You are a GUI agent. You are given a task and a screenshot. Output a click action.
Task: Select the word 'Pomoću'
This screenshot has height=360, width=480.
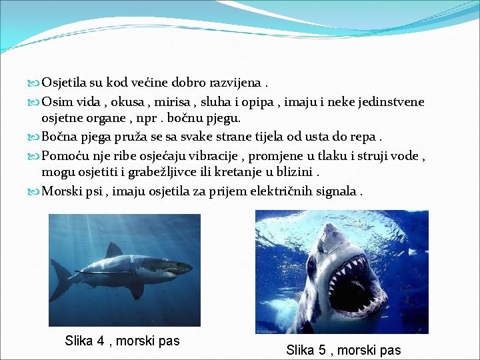point(64,156)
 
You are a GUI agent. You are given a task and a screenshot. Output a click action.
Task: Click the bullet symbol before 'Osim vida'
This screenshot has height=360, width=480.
point(35,103)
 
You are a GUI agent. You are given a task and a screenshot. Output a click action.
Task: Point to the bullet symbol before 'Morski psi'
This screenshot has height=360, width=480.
point(35,192)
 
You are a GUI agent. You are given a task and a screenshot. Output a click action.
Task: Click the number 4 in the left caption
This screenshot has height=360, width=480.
point(101,341)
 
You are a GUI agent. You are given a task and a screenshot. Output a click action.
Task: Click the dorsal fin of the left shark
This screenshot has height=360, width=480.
point(113,249)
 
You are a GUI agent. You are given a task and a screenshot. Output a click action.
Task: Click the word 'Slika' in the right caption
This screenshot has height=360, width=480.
point(301,350)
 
